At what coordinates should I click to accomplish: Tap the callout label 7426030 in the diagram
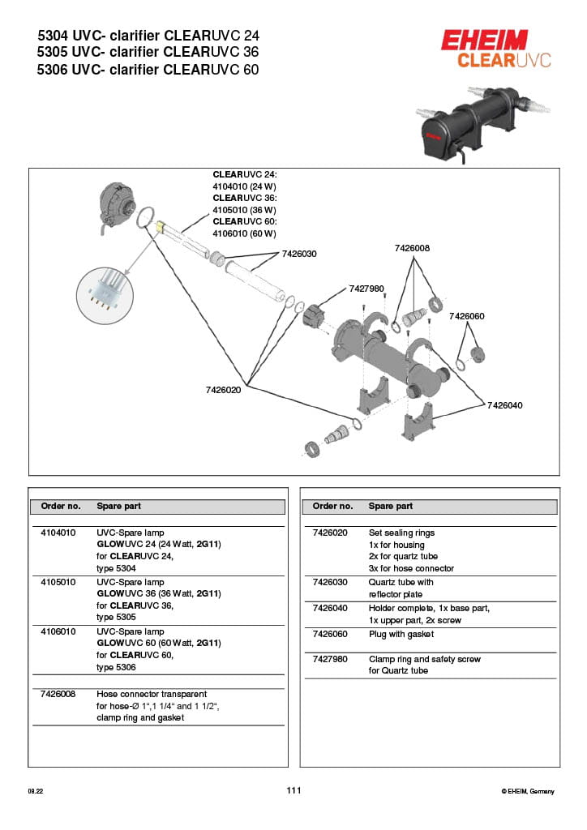tap(299, 254)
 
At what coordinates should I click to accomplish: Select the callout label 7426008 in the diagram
tap(412, 248)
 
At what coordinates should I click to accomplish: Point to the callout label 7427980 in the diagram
tap(366, 289)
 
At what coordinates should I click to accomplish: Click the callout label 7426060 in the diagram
tap(466, 316)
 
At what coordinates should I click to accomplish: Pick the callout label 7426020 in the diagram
tap(223, 390)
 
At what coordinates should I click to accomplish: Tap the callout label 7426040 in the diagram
tap(505, 404)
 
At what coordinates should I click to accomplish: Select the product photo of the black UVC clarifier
tap(468, 123)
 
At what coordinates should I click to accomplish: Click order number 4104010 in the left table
tap(58, 533)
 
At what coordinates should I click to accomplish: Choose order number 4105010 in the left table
tap(58, 583)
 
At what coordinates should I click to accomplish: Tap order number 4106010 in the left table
tap(58, 631)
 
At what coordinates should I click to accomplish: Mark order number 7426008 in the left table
tap(58, 694)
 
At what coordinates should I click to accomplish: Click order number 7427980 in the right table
tap(330, 659)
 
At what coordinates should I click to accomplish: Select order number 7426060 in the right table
tap(330, 634)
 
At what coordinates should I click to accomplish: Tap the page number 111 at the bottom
tap(293, 790)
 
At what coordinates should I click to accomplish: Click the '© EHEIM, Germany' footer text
tap(528, 791)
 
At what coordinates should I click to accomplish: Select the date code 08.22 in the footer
tap(35, 791)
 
